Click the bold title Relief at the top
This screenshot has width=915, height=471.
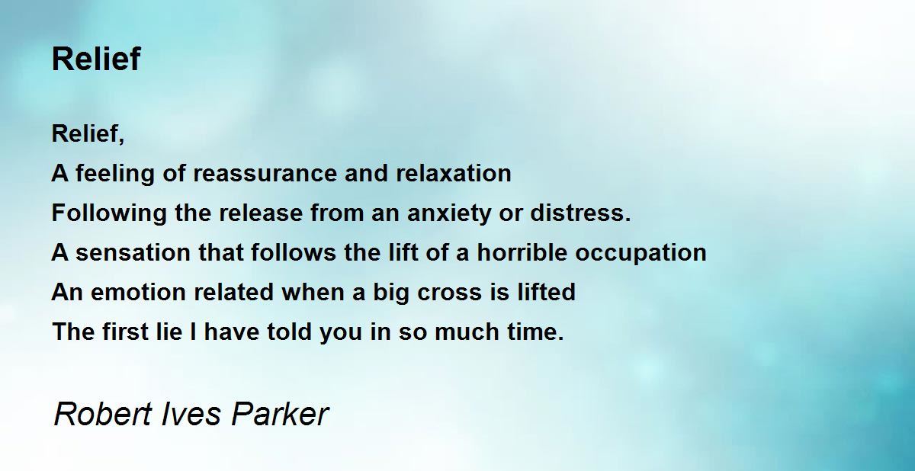coord(96,59)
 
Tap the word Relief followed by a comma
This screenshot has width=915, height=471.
coord(88,133)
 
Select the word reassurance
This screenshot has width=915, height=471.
coord(265,173)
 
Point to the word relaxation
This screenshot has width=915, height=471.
coord(454,173)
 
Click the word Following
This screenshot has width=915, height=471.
coord(109,213)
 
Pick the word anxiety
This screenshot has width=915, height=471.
coord(449,213)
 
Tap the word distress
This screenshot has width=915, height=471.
coord(580,213)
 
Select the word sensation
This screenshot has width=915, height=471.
coord(133,252)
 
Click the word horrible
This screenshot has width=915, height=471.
coord(522,252)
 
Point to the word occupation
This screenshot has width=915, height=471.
coord(641,252)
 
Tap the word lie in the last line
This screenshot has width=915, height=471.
coord(169,331)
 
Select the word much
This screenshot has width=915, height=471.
coord(467,331)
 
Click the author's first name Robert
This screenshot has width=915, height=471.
coord(103,414)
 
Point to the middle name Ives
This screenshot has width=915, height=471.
coord(191,414)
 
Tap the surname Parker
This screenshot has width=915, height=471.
coord(281,414)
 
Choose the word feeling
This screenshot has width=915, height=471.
coord(115,174)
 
